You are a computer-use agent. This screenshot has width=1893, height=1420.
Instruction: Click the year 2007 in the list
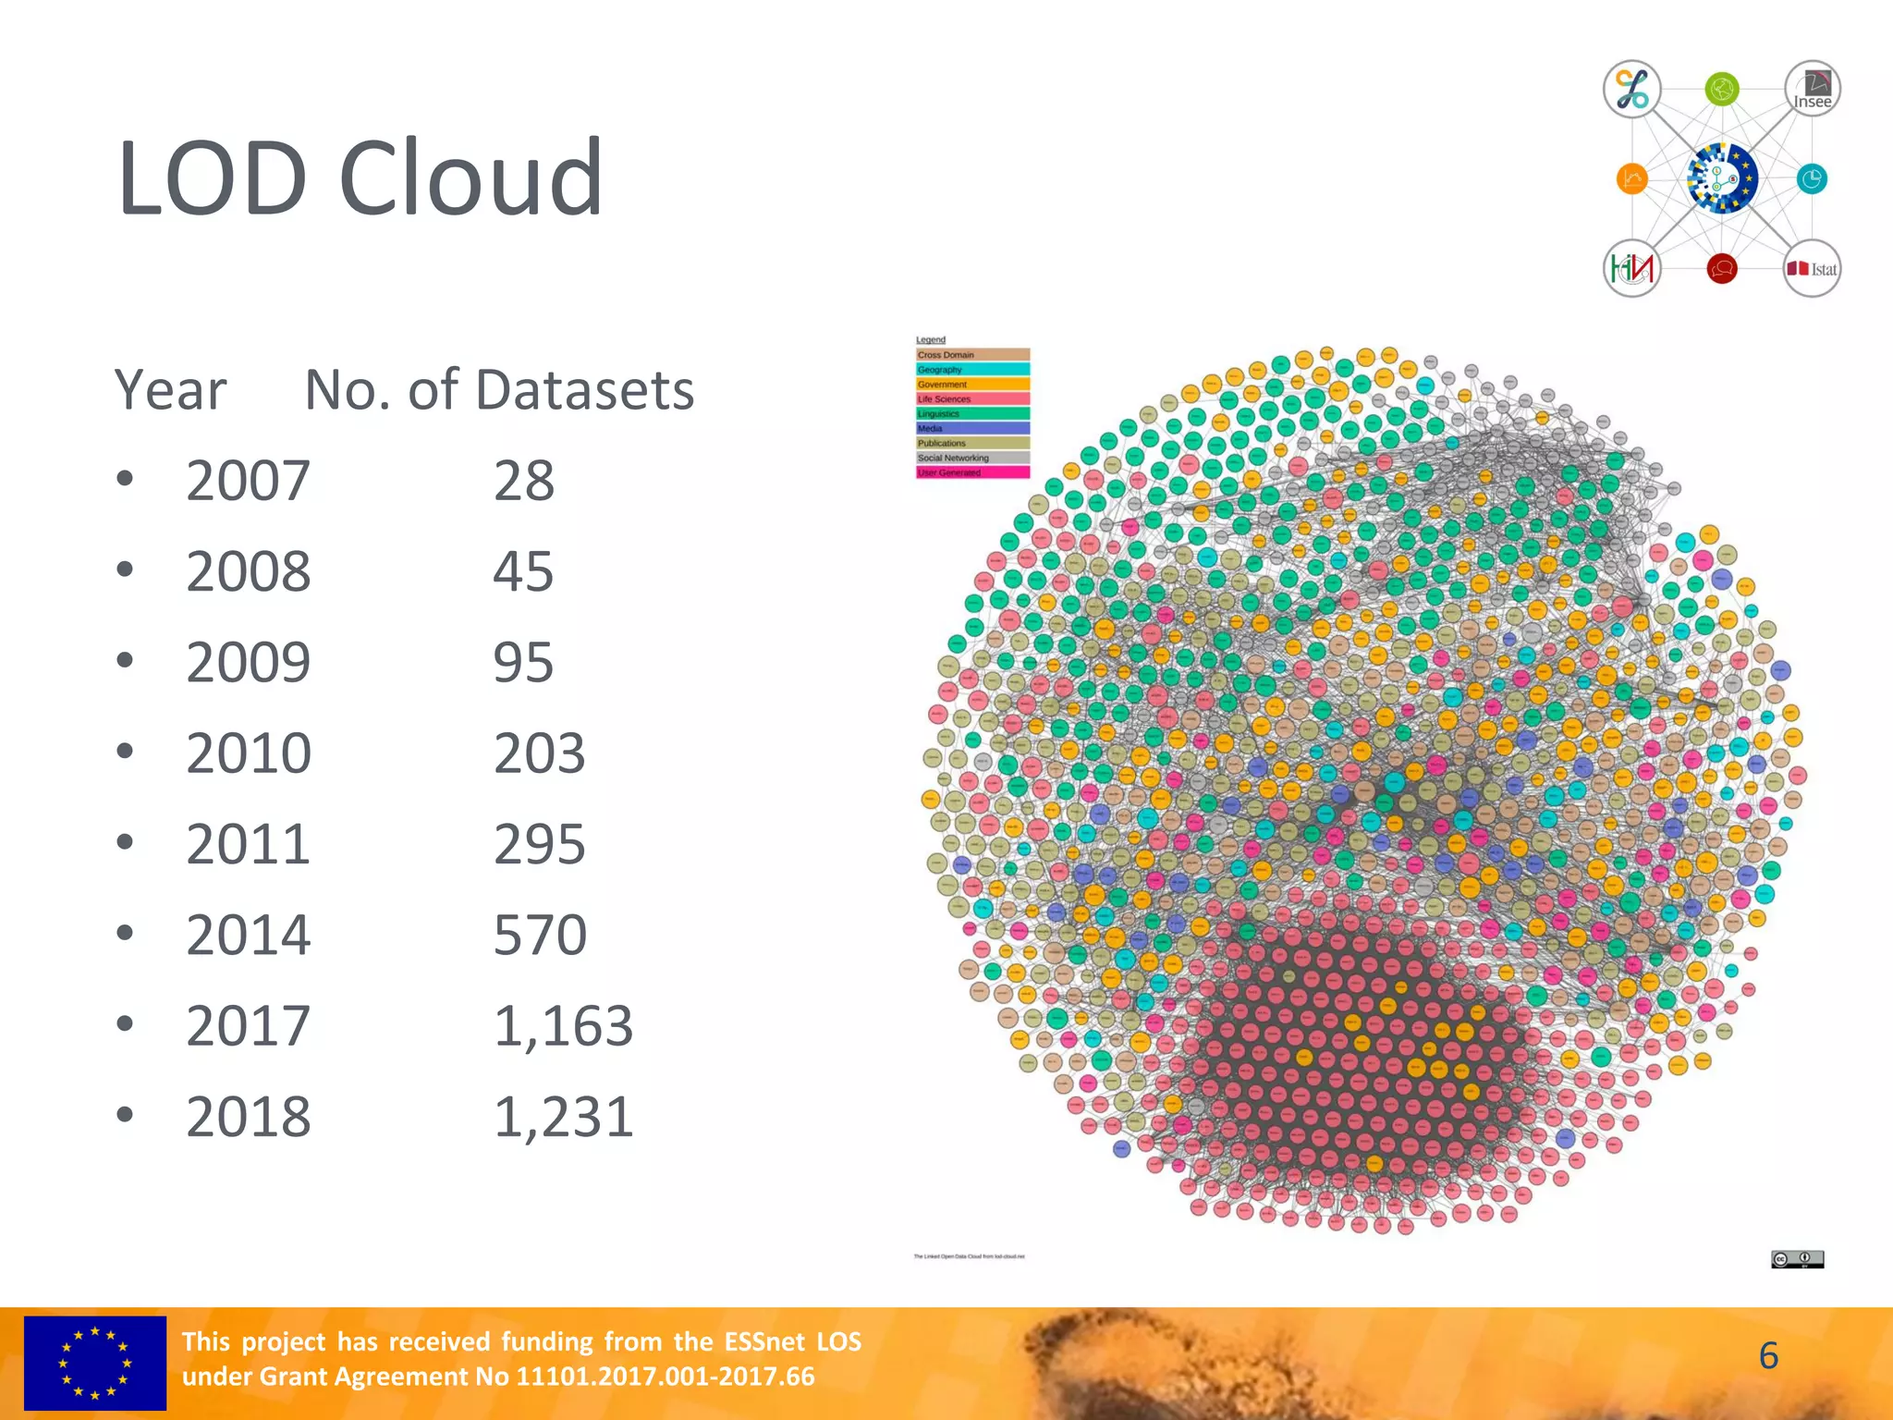[x=248, y=481]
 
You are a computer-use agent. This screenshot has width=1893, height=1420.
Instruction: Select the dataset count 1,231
[x=563, y=1117]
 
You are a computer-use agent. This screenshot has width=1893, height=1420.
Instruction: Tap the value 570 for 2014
[x=540, y=935]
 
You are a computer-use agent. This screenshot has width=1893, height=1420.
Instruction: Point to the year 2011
[x=248, y=844]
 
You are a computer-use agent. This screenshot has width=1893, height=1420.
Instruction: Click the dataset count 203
[x=540, y=753]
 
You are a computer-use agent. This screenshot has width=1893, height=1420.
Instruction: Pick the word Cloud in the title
[x=470, y=177]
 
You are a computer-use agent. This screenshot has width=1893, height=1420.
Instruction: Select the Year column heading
[x=171, y=390]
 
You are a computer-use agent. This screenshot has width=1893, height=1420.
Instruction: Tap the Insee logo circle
[x=1812, y=89]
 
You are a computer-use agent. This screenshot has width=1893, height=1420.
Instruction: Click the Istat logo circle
[x=1812, y=269]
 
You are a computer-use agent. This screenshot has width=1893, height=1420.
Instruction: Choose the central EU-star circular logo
[x=1721, y=178]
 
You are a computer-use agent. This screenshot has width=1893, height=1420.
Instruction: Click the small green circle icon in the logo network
[x=1721, y=90]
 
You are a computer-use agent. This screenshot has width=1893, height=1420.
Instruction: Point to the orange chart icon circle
[x=1631, y=178]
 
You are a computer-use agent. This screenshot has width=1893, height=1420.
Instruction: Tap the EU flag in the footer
[x=94, y=1363]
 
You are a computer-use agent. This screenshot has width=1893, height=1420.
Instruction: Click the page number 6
[x=1768, y=1356]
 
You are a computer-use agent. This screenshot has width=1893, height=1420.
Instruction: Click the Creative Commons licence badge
[x=1797, y=1258]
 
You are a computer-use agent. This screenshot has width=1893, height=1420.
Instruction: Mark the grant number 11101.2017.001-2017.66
[x=665, y=1377]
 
